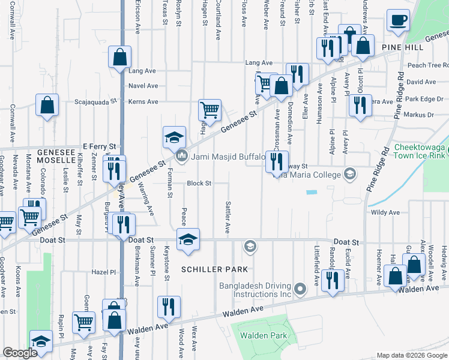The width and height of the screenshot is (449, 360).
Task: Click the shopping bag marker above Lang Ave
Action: (x=119, y=58)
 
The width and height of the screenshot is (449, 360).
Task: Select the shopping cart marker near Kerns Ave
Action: (x=209, y=110)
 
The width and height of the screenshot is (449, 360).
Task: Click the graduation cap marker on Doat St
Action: (x=188, y=239)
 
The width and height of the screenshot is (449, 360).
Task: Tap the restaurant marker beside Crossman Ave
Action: (x=277, y=162)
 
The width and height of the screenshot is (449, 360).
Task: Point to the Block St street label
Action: (x=199, y=183)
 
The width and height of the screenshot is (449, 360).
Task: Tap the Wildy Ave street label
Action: (x=385, y=212)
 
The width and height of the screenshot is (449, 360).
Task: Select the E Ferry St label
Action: (x=100, y=146)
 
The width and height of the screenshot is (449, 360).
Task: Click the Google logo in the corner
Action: (x=20, y=353)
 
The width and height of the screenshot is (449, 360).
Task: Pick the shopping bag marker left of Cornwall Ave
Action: (x=47, y=106)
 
